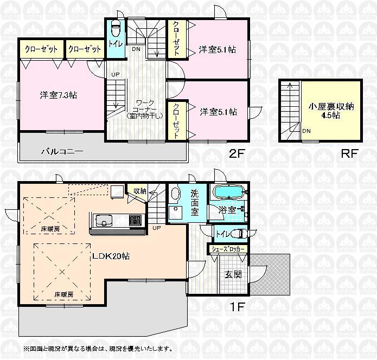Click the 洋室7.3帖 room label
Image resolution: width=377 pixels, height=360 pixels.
point(58,95)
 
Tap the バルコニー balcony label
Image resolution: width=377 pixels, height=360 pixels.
point(62,151)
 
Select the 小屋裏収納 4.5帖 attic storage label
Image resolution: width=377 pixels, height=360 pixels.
point(332,111)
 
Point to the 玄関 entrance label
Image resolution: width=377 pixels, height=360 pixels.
point(233,274)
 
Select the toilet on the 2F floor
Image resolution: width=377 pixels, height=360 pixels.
point(115,28)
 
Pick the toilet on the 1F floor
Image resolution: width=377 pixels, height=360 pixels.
point(239,234)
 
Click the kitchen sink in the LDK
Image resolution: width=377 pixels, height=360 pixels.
point(104,221)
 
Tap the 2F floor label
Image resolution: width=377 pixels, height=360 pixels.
point(237,153)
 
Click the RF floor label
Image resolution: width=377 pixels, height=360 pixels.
point(349,153)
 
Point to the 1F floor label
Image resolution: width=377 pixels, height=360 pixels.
point(236,306)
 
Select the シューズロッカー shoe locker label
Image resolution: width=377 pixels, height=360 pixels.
point(228,249)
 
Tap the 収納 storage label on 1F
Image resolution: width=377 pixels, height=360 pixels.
point(139,191)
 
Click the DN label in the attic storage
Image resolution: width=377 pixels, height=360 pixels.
point(306,131)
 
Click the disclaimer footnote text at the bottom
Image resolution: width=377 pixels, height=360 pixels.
point(98,348)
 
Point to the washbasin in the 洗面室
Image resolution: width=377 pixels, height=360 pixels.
point(175,194)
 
